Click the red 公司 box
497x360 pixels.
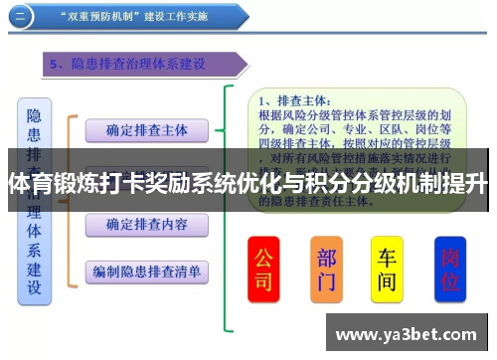[x=263, y=269]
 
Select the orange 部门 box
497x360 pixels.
[x=326, y=269]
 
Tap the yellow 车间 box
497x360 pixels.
[x=387, y=269]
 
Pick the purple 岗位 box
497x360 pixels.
[x=450, y=269]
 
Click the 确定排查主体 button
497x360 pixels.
[x=147, y=130]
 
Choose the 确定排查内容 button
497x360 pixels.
[x=147, y=225]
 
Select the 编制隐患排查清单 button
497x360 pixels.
[x=147, y=270]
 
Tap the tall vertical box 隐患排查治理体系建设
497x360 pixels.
[x=34, y=199]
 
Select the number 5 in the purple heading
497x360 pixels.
[x=57, y=64]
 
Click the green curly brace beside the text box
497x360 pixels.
[x=231, y=209]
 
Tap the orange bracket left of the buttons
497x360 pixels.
[x=70, y=199]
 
